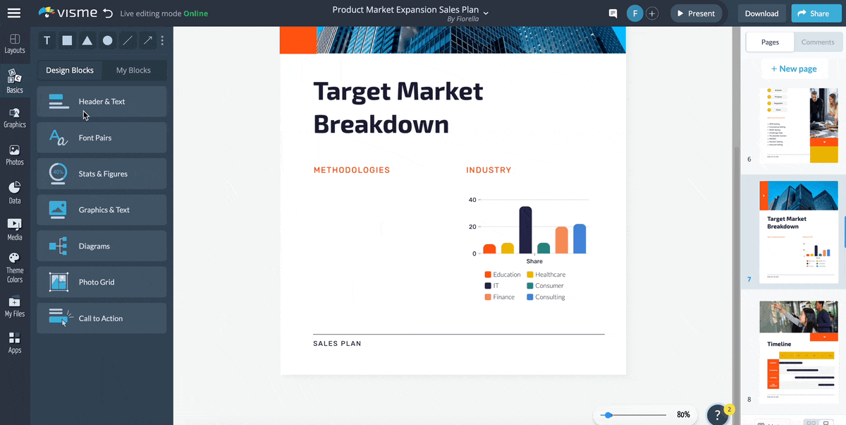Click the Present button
694,13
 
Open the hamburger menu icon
13,13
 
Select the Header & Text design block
102,102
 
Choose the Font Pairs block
102,138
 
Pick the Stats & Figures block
102,174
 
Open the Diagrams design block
102,246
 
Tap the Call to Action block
102,318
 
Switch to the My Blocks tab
133,71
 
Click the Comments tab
818,42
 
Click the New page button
794,68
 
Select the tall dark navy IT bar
525,230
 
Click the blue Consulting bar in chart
580,239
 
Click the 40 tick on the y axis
472,200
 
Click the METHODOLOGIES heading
351,170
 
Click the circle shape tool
107,41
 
